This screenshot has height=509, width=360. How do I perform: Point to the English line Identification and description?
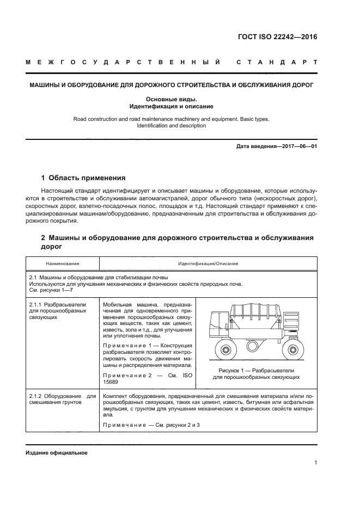coord(171,126)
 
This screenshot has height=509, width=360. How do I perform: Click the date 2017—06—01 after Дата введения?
coord(298,146)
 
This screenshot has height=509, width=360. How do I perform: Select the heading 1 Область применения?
coord(84,178)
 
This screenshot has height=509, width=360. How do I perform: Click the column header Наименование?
coord(63,263)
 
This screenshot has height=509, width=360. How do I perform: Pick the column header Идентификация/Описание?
coord(208,263)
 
